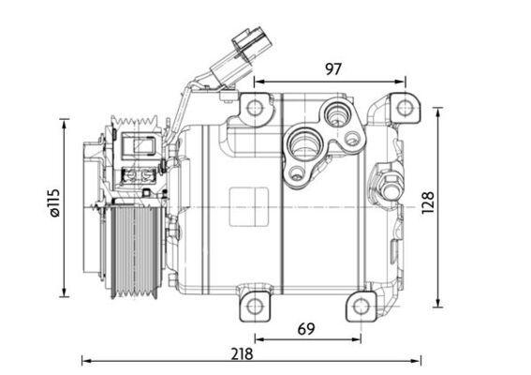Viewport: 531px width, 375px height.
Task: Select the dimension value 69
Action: [305, 328]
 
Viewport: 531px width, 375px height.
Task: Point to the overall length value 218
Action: [243, 353]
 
